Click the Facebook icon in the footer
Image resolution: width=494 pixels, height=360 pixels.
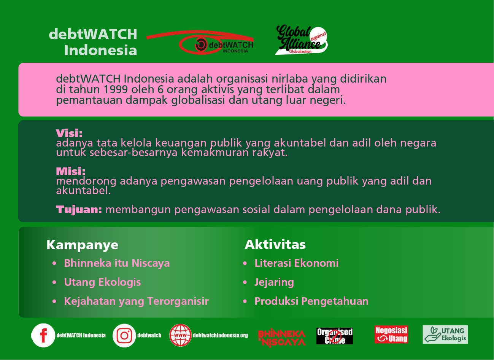coord(43,335)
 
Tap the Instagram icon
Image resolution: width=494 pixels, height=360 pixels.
coord(124,336)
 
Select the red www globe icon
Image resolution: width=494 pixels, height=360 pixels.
coord(180,335)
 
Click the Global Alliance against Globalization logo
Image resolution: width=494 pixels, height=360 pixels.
coord(302,40)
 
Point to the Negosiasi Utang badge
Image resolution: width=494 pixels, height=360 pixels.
coord(391,335)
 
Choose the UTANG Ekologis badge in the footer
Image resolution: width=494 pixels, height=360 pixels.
coord(445,335)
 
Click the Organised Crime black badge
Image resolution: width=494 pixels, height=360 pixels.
coord(335,336)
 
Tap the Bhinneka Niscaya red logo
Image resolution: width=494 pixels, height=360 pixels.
coord(282,338)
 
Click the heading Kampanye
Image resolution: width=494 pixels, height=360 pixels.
coord(82,245)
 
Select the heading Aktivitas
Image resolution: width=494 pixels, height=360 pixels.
coord(275,244)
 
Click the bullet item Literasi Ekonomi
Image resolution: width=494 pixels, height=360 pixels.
coord(296,263)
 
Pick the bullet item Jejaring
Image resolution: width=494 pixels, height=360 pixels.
coord(274,282)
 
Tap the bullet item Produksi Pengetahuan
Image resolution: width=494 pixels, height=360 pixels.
coord(311,301)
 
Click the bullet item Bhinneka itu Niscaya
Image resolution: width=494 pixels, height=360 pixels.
coord(117,263)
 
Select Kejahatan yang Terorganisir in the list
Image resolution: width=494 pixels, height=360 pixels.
coord(136,301)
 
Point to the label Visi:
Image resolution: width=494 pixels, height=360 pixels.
coord(69,133)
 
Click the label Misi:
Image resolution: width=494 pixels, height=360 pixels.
coord(71,171)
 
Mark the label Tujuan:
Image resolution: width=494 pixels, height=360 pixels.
coord(79,210)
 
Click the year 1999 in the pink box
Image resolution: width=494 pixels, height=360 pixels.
coord(116,89)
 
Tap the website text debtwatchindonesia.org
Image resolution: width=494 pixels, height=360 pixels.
coord(220,335)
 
